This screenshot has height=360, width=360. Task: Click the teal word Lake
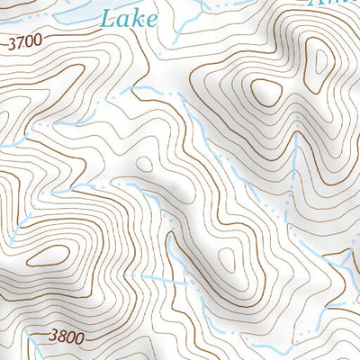coord(129,18)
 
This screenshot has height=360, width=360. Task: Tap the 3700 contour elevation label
coord(24,42)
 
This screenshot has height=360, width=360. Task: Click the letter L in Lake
coord(106,18)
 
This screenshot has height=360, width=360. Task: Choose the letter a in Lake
coord(122,19)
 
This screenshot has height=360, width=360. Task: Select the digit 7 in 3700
coord(19,42)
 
